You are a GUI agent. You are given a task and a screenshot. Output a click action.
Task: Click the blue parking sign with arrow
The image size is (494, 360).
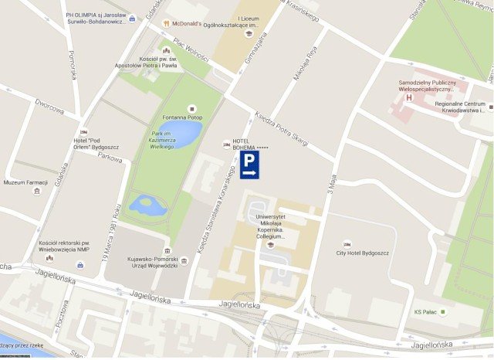pos(249,165)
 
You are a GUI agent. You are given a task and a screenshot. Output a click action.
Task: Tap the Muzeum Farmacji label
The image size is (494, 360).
pos(27,183)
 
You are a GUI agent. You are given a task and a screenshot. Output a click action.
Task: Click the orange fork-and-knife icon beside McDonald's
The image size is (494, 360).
pos(166,23)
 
